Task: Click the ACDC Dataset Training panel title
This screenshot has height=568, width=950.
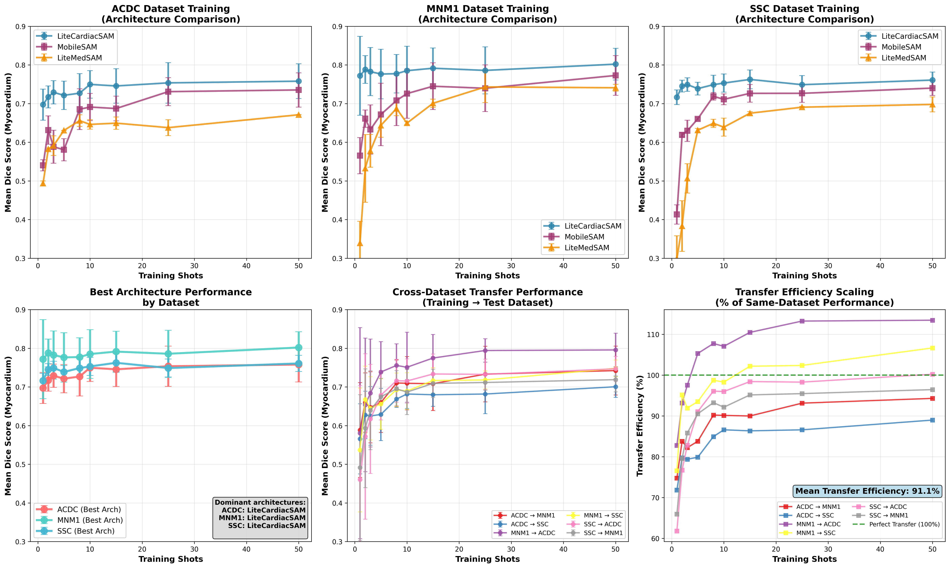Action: tap(171, 14)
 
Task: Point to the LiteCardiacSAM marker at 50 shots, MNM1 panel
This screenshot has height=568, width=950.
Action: tap(615, 64)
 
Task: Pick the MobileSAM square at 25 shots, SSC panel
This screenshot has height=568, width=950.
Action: tap(802, 93)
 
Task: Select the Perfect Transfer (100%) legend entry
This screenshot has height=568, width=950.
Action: tap(904, 524)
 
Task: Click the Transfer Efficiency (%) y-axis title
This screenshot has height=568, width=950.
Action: tap(640, 426)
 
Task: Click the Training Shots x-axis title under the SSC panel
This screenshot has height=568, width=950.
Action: tap(804, 276)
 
